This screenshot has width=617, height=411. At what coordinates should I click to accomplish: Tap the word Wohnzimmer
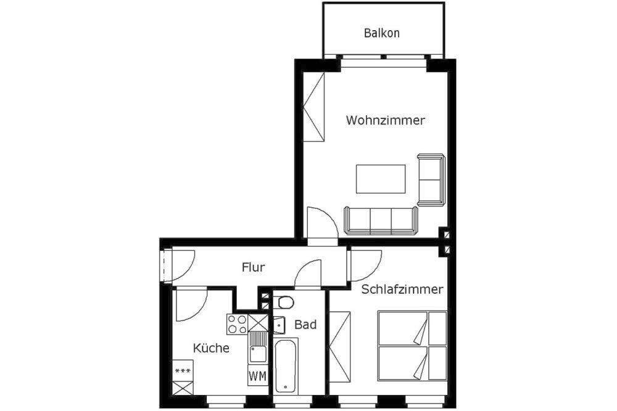coord(385,121)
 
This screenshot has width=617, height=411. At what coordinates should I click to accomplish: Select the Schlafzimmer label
coord(402,290)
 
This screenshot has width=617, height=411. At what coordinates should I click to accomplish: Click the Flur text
coord(253,267)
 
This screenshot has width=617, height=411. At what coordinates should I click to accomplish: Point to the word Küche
coord(211,348)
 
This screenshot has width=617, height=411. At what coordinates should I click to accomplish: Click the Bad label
coord(305,324)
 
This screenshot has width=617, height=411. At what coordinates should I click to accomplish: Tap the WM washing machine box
coord(257,375)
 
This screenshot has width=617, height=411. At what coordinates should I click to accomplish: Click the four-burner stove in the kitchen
coord(238,324)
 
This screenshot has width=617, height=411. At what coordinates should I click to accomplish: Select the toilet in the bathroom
coord(284,303)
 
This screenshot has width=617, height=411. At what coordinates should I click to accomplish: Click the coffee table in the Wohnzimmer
coord(381,179)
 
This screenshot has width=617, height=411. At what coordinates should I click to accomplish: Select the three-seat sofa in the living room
coord(380,221)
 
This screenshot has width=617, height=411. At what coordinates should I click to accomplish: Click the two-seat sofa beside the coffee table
coord(431,179)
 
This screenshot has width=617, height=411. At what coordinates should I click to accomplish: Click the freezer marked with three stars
coord(183,370)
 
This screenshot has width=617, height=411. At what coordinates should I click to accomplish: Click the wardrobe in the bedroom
coord(340,348)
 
